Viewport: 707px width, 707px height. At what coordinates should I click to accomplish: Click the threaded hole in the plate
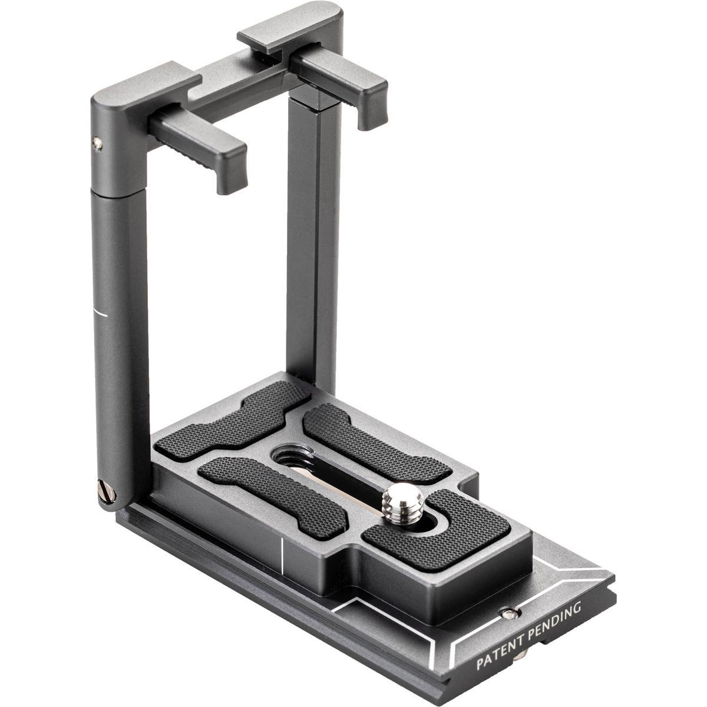pos(288,457)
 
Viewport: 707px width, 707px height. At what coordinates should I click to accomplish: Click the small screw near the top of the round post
pos(97,143)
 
